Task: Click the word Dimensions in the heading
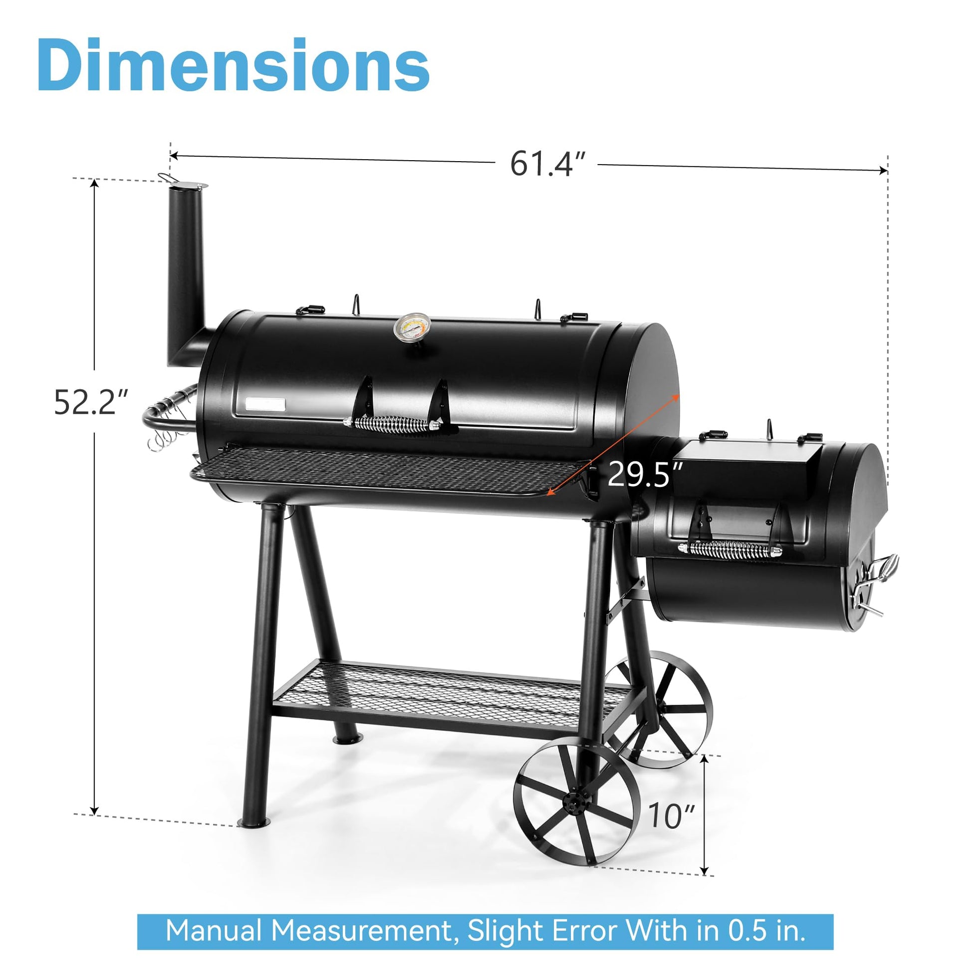[233, 65]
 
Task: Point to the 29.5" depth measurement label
[645, 475]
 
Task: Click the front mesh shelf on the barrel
[387, 468]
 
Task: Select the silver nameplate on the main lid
[266, 404]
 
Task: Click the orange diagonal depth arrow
[613, 445]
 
